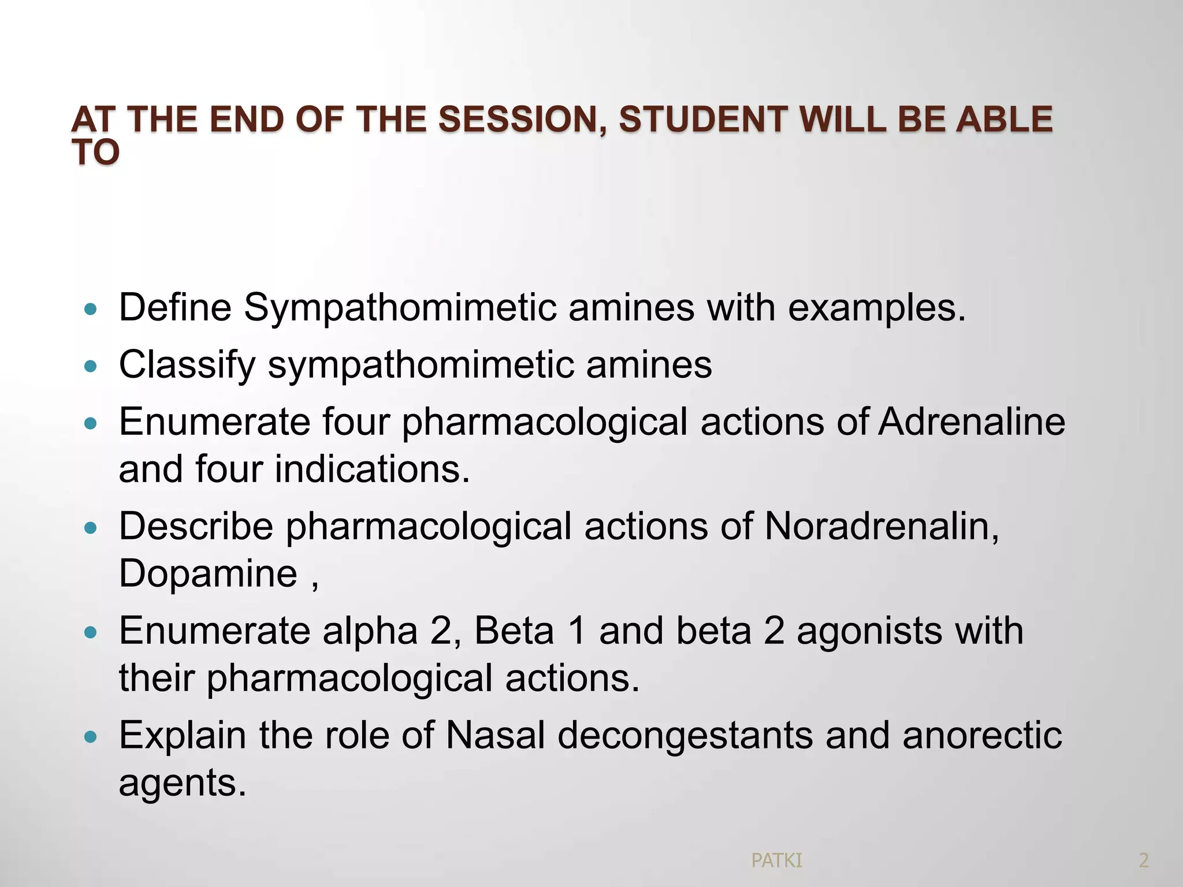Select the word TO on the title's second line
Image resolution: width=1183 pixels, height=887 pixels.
pos(96,153)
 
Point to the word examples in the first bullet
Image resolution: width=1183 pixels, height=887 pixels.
pos(876,308)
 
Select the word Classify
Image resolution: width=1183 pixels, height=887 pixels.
pos(187,366)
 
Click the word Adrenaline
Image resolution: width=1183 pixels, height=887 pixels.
pos(972,422)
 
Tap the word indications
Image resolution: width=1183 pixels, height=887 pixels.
pos(372,469)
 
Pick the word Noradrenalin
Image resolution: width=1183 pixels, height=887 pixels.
pos(881,527)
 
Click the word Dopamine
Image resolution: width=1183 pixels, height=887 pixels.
pos(208,574)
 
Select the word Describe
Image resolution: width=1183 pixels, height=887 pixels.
pos(196,527)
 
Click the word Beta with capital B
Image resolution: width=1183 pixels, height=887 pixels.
pos(514,631)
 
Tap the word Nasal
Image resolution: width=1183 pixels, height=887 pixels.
pos(495,736)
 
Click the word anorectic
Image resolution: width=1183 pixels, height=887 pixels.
pos(981,736)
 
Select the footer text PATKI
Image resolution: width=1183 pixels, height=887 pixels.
pos(776,861)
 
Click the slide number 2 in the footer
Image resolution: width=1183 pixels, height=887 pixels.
pos(1143,861)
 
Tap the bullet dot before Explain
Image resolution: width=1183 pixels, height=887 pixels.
pos(91,737)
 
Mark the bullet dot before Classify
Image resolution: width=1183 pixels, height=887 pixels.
pos(91,367)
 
